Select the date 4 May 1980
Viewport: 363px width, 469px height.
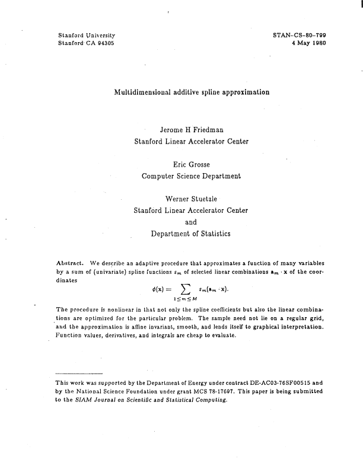pyautogui.click(x=307, y=44)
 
